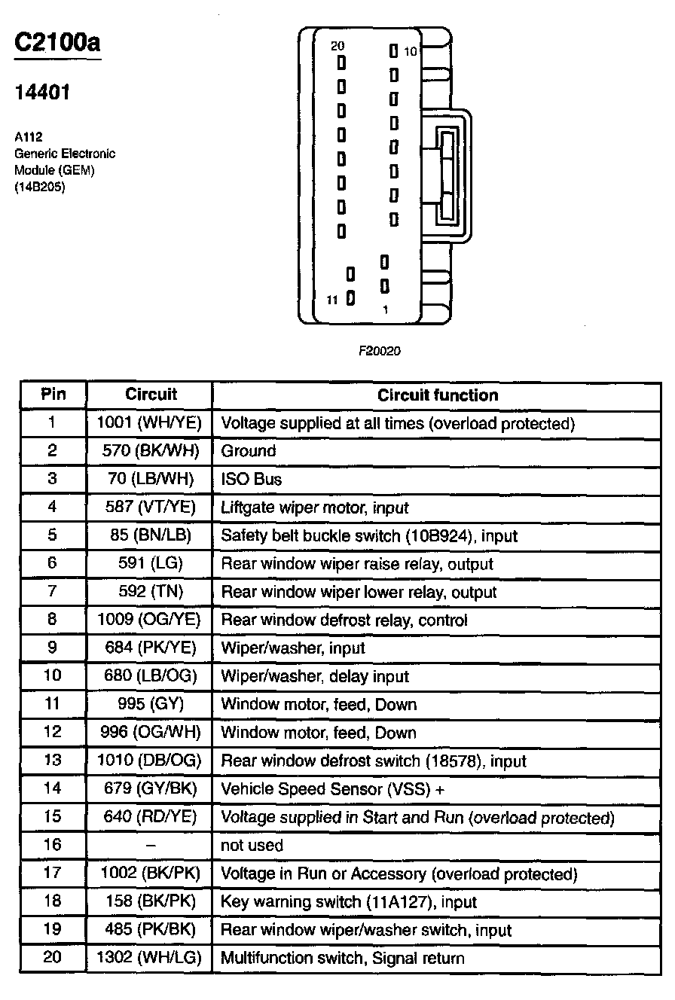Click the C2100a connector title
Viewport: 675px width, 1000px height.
click(57, 42)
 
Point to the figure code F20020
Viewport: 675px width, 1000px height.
click(379, 350)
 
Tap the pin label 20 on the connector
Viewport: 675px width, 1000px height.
click(337, 46)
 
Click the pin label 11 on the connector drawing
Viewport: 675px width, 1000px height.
click(332, 300)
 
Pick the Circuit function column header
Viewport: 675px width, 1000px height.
click(438, 395)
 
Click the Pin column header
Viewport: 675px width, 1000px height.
click(53, 395)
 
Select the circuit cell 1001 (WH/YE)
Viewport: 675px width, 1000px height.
click(150, 423)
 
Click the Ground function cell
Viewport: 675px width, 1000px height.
click(249, 451)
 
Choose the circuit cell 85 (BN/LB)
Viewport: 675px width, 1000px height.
click(150, 536)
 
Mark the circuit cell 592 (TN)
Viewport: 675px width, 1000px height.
click(150, 592)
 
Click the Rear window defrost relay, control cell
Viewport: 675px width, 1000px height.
click(344, 620)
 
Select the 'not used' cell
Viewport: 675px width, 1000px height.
click(252, 846)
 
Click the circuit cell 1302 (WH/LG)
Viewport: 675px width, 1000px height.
click(150, 958)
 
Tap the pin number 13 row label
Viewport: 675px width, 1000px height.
click(53, 761)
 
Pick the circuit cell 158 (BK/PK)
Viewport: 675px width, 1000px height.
click(150, 901)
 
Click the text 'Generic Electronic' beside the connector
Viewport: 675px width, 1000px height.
click(65, 154)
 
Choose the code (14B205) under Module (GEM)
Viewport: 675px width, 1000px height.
click(40, 187)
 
